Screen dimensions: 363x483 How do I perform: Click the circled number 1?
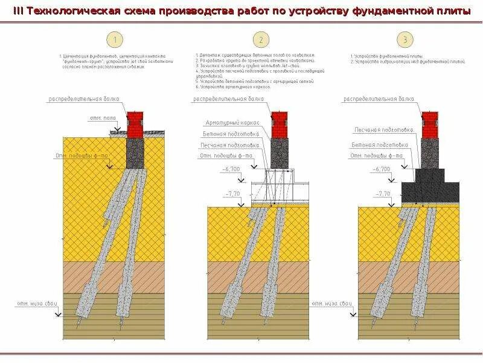115,41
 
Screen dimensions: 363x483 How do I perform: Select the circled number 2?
261,41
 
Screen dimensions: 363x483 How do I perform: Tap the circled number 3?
405,41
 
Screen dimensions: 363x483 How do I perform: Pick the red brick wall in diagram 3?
429,125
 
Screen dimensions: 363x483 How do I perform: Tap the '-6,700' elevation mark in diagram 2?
229,169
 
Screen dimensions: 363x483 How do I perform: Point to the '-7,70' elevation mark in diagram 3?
382,193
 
